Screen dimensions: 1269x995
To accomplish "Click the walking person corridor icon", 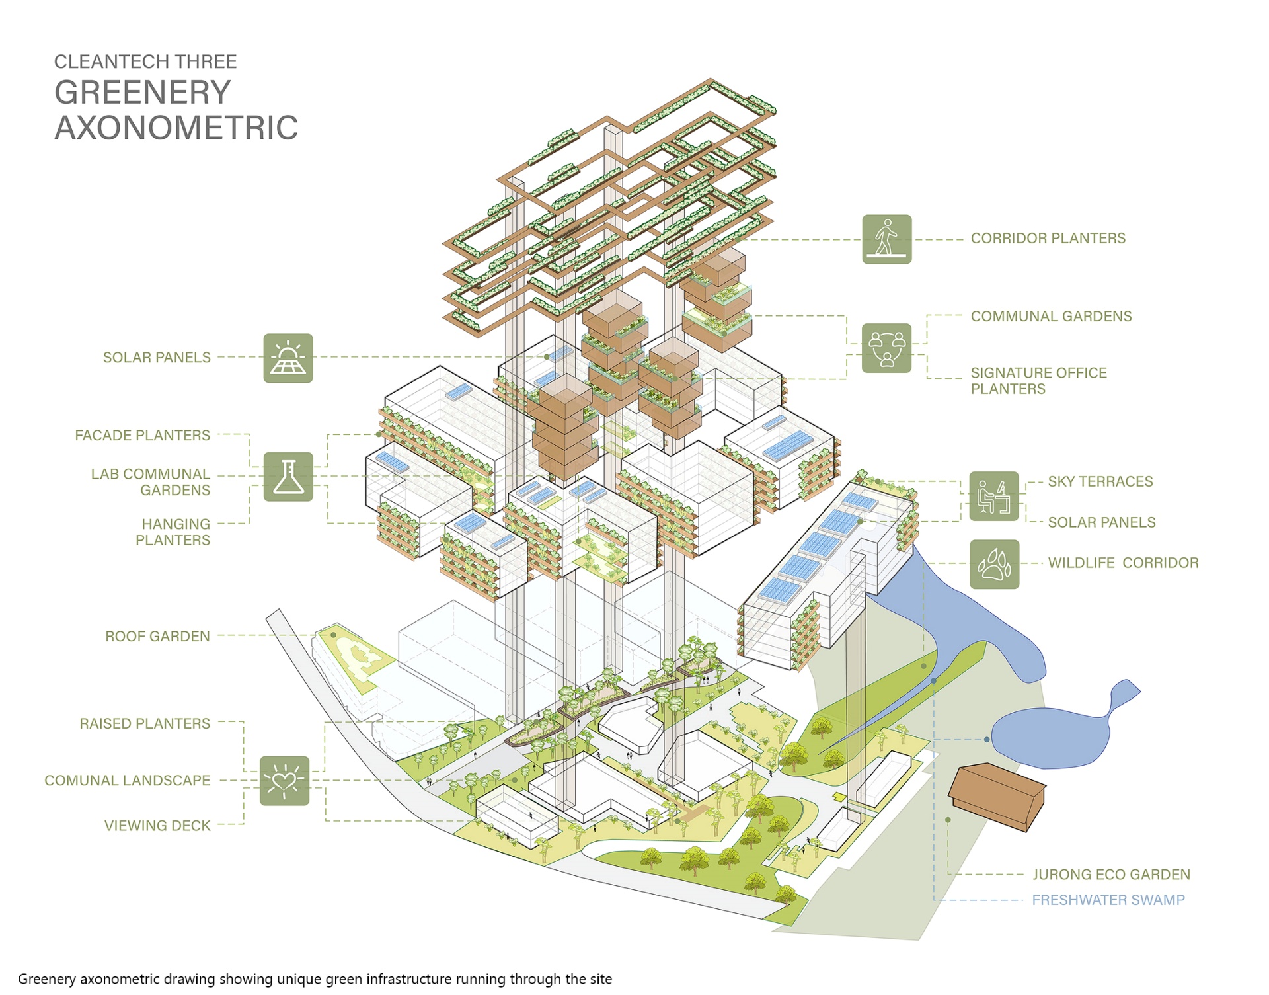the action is (886, 239).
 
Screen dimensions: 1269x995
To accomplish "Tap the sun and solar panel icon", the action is (288, 358).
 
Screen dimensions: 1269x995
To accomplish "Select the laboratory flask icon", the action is (288, 477).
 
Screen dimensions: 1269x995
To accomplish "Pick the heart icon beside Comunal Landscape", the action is (284, 781).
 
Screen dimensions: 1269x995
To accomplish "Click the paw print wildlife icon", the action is (994, 564).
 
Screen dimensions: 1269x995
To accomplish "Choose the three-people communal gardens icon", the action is (886, 348).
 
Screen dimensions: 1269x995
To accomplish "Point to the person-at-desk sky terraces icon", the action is (994, 496).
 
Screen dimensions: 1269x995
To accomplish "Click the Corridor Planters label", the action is (1048, 238).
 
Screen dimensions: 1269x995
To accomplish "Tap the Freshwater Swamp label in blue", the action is (1108, 900).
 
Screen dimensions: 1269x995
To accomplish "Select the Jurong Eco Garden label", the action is (1111, 875).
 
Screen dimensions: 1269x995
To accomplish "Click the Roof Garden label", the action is (157, 636).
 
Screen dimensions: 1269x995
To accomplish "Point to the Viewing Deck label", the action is (157, 826).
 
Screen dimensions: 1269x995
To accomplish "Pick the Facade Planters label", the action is (142, 435).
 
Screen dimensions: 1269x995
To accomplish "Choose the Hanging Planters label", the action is (173, 532).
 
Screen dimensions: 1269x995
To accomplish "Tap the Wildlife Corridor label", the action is (1123, 563).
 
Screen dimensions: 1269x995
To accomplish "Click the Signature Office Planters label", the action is (1038, 381).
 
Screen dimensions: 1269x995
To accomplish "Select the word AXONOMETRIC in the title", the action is (176, 128).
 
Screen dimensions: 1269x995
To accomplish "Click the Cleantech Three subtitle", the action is (145, 61).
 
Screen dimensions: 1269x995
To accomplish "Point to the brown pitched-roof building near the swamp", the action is (997, 797).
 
